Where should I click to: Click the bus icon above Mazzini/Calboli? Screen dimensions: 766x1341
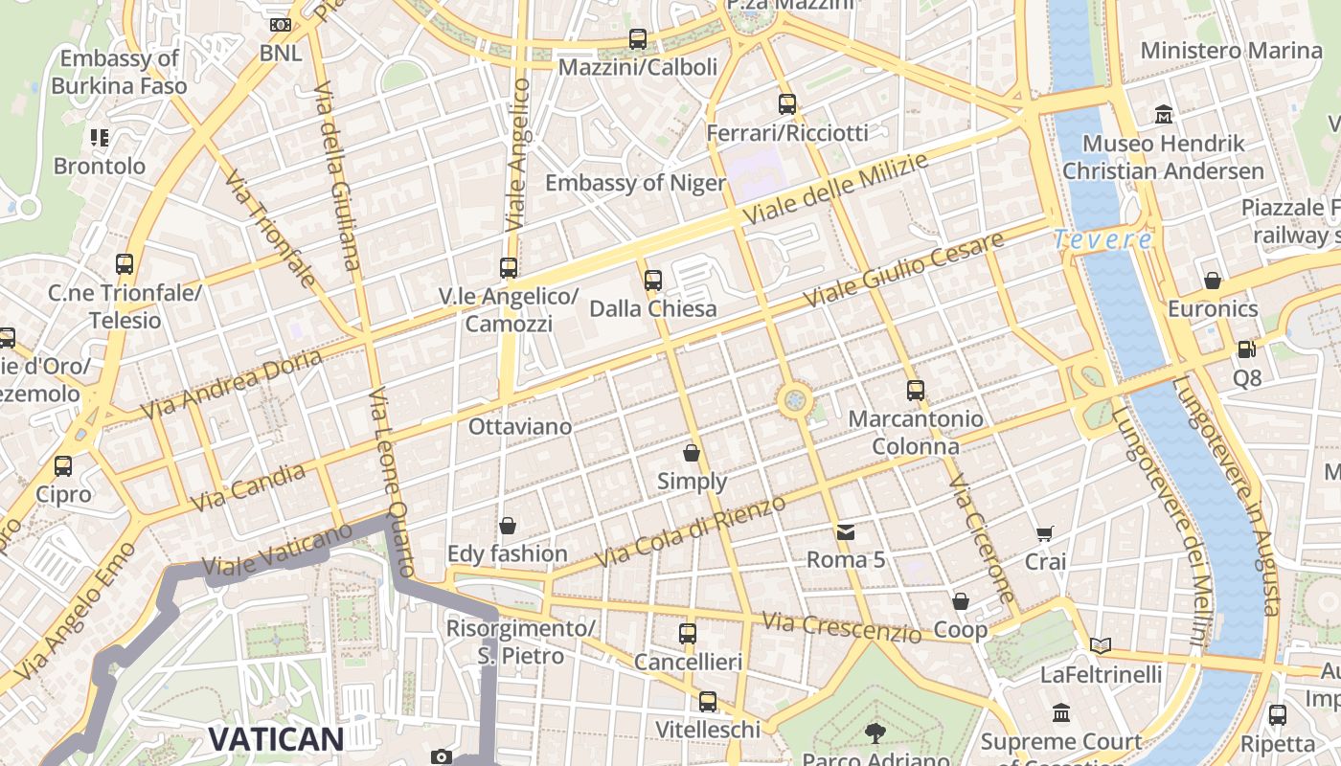[x=638, y=39]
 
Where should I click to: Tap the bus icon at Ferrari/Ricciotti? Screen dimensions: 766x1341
[x=787, y=104]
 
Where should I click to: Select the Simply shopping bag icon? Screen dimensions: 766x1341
[x=692, y=453]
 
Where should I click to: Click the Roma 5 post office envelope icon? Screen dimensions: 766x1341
[x=845, y=531]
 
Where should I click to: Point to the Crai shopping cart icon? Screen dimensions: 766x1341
[x=1044, y=533]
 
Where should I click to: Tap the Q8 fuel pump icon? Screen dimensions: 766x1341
[x=1246, y=350]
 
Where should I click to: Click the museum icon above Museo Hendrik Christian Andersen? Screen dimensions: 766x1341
[x=1164, y=115]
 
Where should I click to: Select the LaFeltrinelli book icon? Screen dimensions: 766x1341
[x=1101, y=646]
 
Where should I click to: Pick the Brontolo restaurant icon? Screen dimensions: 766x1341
[x=100, y=138]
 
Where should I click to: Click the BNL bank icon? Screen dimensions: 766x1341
[x=281, y=25]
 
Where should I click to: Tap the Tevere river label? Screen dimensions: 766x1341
[x=1102, y=239]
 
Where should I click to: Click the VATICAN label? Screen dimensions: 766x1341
[x=276, y=738]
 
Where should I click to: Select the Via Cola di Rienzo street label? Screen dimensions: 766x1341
[x=691, y=530]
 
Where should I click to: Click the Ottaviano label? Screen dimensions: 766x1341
[x=520, y=427]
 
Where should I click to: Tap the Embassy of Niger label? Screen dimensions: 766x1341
[x=635, y=183]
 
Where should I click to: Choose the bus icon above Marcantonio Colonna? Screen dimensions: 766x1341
[x=916, y=391]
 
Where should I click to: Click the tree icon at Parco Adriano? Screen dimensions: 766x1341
[x=875, y=733]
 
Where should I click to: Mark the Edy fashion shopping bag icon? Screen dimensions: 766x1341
[x=508, y=526]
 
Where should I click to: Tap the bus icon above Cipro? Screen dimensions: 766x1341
[x=63, y=466]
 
